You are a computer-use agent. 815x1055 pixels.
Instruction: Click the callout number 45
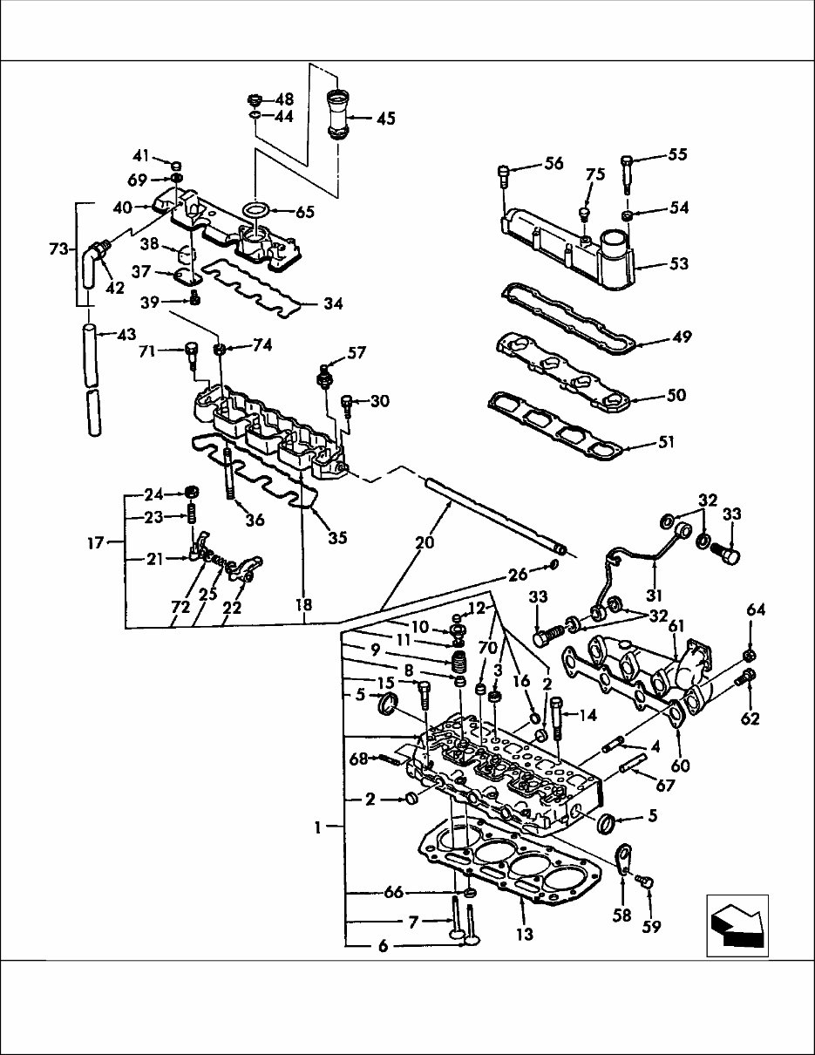point(385,118)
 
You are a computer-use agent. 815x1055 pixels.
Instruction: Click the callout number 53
point(677,263)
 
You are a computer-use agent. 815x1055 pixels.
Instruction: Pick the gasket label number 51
point(666,443)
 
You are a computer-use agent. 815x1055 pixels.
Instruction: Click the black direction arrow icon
point(737,924)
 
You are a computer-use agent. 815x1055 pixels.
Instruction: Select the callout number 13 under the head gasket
point(525,935)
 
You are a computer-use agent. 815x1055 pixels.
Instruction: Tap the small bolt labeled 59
point(644,881)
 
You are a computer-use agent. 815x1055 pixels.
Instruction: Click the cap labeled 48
point(255,98)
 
